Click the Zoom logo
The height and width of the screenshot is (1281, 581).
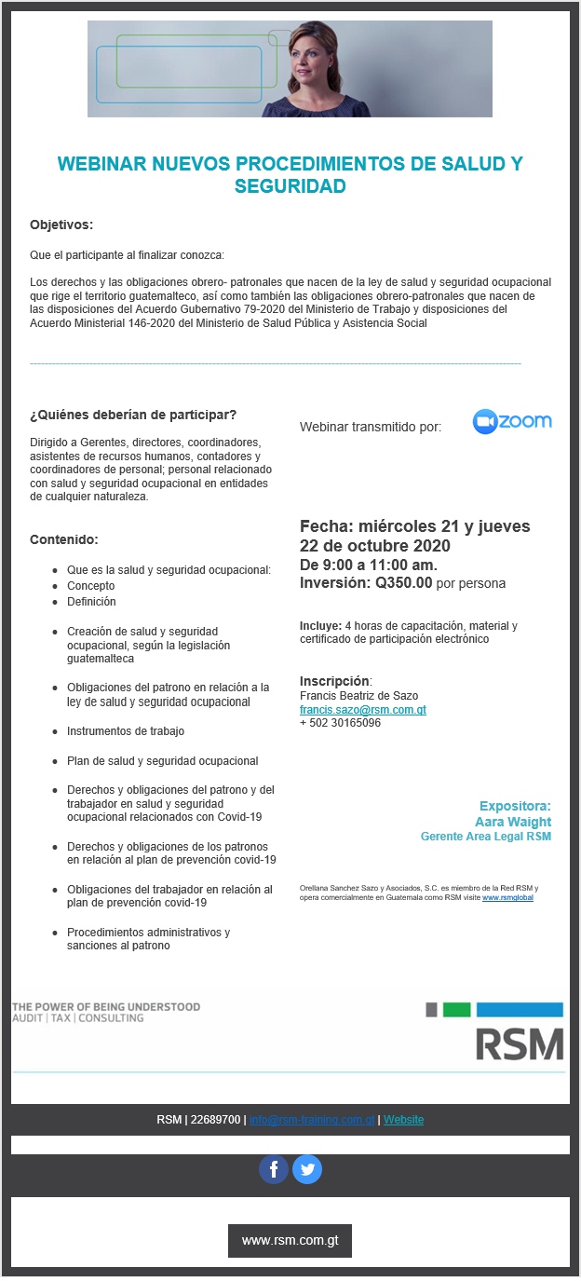tap(512, 422)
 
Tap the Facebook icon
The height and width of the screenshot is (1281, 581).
tap(274, 1169)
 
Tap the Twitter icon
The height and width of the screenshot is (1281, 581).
tap(307, 1169)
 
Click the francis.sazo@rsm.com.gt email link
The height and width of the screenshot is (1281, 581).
tap(363, 710)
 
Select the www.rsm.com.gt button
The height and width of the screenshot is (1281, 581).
tap(290, 1240)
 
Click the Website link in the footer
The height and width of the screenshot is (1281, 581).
tap(403, 1119)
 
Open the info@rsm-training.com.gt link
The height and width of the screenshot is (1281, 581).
tap(312, 1119)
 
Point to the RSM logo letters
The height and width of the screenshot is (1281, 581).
tap(520, 1044)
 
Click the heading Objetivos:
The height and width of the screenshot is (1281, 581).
tap(61, 225)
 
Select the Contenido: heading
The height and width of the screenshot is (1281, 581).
tap(64, 539)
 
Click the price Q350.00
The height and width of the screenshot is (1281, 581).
tap(403, 584)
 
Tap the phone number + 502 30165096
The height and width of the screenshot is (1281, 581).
tap(340, 723)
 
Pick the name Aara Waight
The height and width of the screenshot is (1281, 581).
tap(513, 822)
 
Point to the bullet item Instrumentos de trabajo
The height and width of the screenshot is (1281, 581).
tap(126, 731)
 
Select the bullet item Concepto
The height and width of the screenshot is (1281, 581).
tap(91, 586)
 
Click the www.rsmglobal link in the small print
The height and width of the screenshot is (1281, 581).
tap(507, 898)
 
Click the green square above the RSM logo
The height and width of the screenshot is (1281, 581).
tap(456, 1010)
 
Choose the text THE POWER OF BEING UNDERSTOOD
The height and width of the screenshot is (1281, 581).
tap(106, 1007)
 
